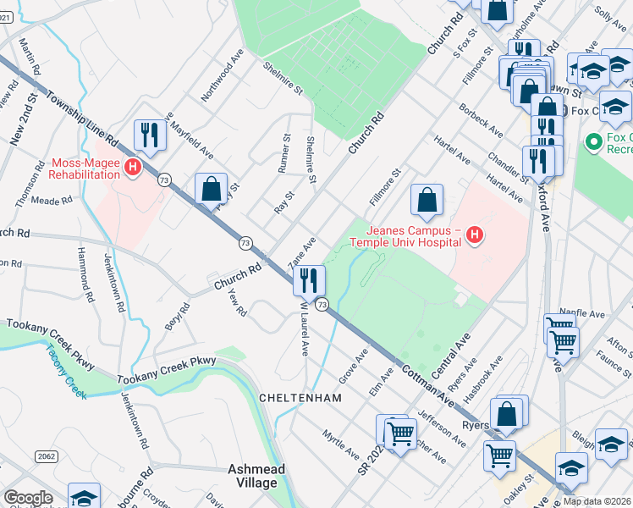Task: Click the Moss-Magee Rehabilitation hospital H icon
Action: click(132, 168)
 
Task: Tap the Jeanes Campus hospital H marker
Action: click(474, 235)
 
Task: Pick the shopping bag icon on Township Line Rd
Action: click(211, 190)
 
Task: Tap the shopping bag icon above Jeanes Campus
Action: click(427, 201)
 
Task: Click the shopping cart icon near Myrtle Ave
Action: click(399, 432)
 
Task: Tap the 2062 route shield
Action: click(47, 456)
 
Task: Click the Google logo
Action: click(28, 498)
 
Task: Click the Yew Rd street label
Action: click(237, 302)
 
